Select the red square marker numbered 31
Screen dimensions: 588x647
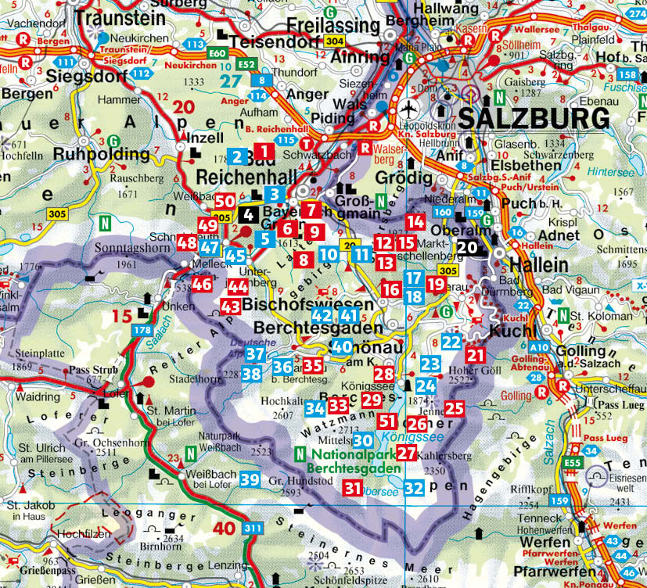click(353, 489)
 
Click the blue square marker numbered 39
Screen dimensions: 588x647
click(250, 479)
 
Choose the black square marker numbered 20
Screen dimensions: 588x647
click(467, 247)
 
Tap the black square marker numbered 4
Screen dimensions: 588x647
click(248, 213)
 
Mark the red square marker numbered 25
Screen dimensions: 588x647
click(455, 407)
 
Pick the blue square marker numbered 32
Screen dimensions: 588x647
click(415, 489)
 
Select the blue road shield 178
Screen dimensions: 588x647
click(142, 332)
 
